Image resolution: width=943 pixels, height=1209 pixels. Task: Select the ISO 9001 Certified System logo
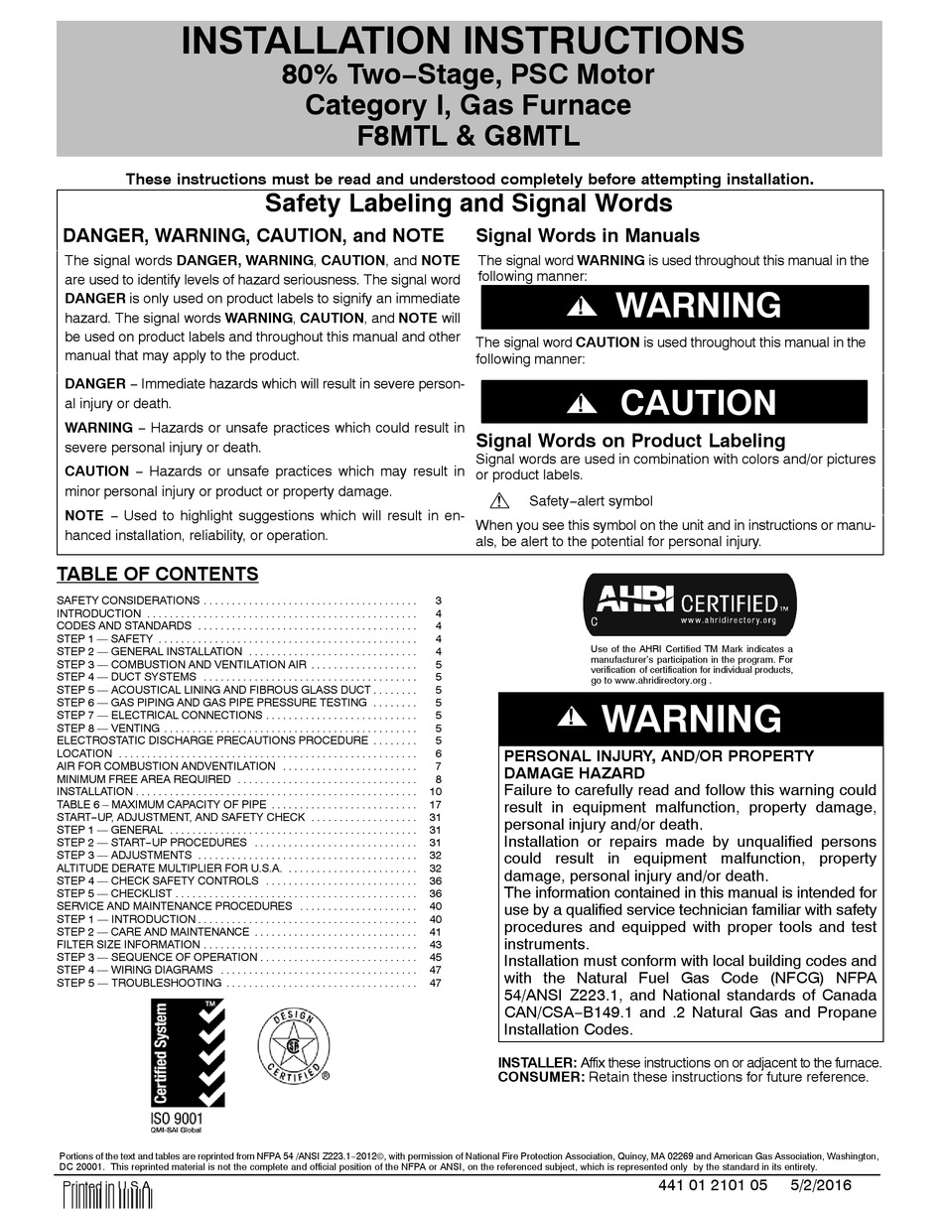[x=188, y=1062]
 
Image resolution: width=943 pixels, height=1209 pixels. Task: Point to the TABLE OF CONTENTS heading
[x=157, y=574]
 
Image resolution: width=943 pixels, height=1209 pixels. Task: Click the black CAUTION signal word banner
[x=673, y=402]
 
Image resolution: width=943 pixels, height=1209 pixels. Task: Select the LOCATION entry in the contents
[x=84, y=753]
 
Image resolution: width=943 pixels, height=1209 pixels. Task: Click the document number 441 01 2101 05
[x=714, y=1185]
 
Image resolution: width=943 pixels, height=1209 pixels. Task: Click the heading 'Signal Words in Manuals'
[x=588, y=236]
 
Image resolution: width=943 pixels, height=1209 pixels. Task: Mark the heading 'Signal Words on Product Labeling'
[x=630, y=441]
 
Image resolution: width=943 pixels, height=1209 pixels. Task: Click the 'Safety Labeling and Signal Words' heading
[x=469, y=204]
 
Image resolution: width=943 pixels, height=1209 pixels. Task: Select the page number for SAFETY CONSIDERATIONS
[x=437, y=602]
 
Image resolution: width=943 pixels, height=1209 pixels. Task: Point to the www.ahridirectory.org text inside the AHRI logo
[x=727, y=619]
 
